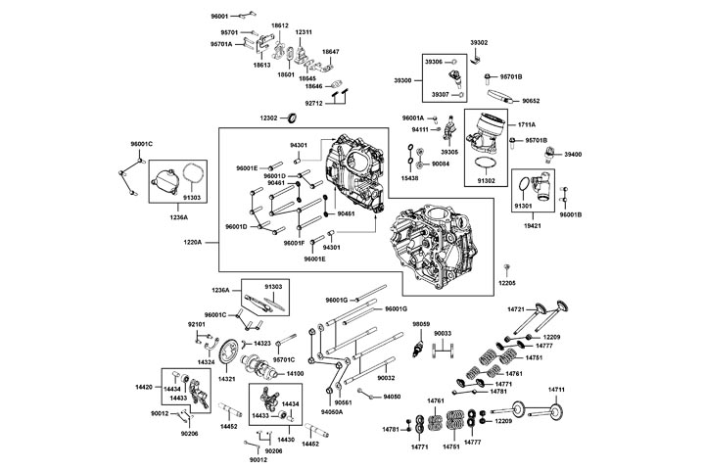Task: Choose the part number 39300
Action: pos(403,79)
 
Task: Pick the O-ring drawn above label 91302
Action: pos(480,160)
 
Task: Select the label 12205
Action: pos(506,282)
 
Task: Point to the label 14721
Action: pos(517,308)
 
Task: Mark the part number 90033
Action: pos(443,334)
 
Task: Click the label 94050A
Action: pos(334,412)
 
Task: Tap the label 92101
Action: pos(196,323)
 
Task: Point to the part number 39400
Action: pos(574,154)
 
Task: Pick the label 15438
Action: pos(409,178)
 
